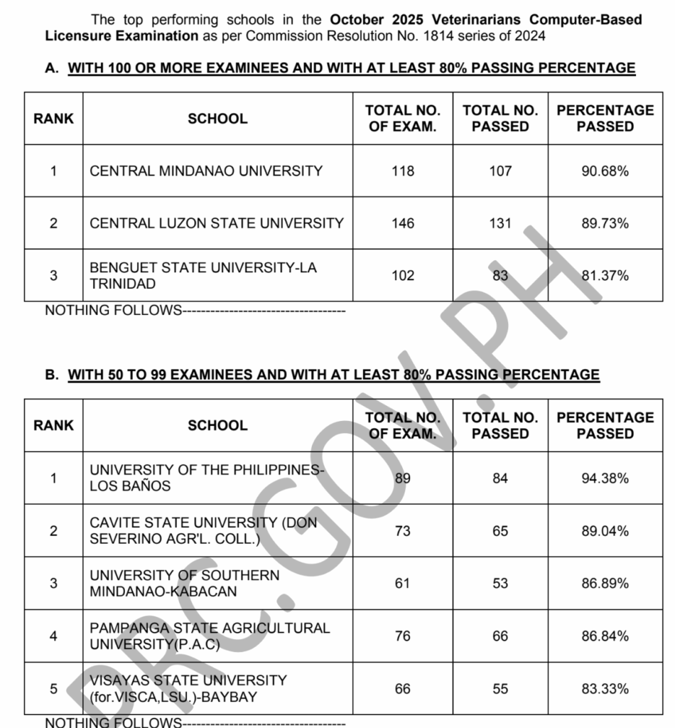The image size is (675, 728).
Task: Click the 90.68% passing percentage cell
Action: click(605, 171)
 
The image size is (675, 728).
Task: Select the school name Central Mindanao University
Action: click(206, 171)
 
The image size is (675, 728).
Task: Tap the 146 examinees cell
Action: click(402, 223)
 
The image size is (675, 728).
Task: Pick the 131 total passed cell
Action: click(500, 223)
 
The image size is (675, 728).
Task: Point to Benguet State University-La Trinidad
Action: click(203, 275)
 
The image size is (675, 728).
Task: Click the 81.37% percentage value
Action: click(605, 276)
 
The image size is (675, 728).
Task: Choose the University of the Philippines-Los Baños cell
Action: click(206, 478)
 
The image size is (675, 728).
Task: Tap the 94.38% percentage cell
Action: click(605, 478)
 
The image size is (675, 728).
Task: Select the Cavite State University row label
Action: click(203, 530)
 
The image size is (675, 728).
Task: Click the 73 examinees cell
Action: click(402, 531)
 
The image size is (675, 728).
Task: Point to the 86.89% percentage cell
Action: click(605, 584)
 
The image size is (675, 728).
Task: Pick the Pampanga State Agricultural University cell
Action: click(210, 636)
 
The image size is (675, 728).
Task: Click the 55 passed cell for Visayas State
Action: click(500, 689)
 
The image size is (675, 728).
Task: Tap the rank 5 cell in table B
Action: click(53, 689)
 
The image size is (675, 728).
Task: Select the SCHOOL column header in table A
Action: click(217, 119)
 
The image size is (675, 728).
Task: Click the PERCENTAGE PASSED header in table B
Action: click(605, 425)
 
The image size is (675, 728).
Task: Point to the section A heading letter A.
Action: click(50, 68)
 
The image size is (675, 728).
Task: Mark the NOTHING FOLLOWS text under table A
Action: click(114, 310)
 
